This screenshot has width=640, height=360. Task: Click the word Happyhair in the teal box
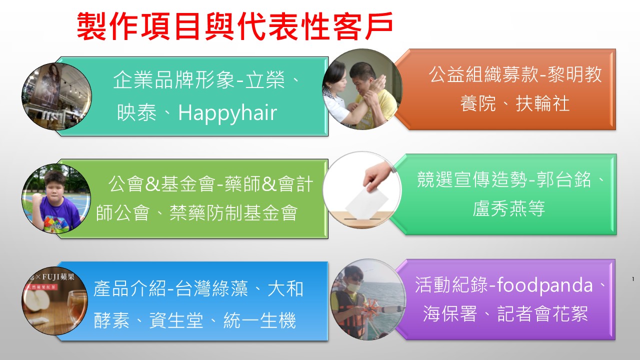pyautogui.click(x=227, y=113)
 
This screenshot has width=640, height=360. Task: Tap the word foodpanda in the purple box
pyautogui.click(x=545, y=284)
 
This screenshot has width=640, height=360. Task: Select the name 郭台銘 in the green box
pyautogui.click(x=563, y=179)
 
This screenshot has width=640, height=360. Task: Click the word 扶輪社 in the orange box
pyautogui.click(x=542, y=103)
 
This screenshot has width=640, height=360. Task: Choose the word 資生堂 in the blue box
pyautogui.click(x=176, y=320)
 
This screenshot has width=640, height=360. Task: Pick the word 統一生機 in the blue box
pyautogui.click(x=259, y=320)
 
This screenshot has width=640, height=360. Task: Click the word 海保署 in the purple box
pyautogui.click(x=450, y=313)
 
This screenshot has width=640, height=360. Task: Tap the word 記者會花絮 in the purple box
pyautogui.click(x=542, y=313)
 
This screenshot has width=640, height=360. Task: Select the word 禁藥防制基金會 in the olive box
pyautogui.click(x=233, y=213)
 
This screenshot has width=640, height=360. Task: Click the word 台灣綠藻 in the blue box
pyautogui.click(x=211, y=288)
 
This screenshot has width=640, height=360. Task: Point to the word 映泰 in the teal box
pyautogui.click(x=136, y=112)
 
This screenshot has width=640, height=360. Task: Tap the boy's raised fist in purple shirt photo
pyautogui.click(x=37, y=199)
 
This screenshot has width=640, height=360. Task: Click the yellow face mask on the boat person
pyautogui.click(x=353, y=286)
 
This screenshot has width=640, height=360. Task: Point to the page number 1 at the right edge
pyautogui.click(x=633, y=279)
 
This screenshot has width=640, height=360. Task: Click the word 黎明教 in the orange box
pyautogui.click(x=574, y=74)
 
